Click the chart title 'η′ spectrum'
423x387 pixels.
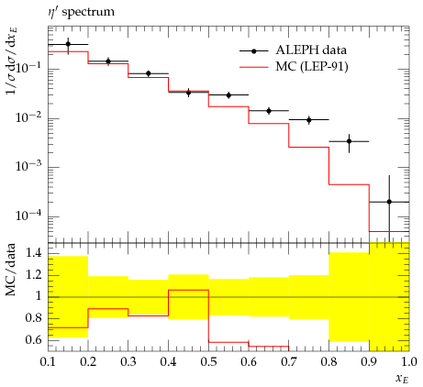click(82, 13)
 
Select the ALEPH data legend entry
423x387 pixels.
click(293, 50)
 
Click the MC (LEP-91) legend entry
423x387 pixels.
click(294, 67)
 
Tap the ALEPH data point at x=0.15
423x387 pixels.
click(68, 44)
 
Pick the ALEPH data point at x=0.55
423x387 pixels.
click(228, 95)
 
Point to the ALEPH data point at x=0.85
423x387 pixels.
click(349, 141)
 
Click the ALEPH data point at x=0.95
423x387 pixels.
click(389, 202)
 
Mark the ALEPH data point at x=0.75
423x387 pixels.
click(309, 120)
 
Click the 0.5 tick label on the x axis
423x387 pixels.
click(209, 362)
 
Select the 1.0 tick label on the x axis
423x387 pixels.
click(409, 362)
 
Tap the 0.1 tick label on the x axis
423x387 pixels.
click(49, 362)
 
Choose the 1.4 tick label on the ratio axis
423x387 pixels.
click(33, 254)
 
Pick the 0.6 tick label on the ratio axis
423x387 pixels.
click(33, 340)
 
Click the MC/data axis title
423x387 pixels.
click(11, 270)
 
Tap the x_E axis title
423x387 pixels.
click(402, 379)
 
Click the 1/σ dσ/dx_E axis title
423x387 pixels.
click(12, 61)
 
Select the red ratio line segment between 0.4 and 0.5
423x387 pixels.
click(189, 290)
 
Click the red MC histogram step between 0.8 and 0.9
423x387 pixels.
click(349, 184)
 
